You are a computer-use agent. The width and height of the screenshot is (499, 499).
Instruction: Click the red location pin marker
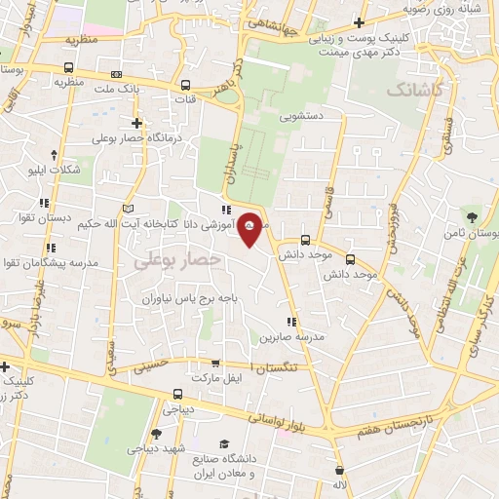pos(250,229)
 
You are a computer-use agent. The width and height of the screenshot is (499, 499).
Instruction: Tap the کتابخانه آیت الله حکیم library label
pos(183,224)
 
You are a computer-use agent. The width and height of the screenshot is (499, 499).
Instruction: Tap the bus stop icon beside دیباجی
pos(177,394)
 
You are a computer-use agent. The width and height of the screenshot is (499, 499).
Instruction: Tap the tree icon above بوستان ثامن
pos(473,216)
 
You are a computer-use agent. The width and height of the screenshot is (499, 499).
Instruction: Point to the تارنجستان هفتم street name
pos(403,416)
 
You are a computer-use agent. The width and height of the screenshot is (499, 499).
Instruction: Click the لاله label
pos(340,484)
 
